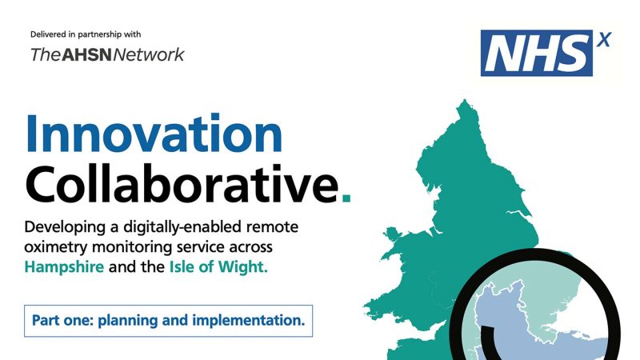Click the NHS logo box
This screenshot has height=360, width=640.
(536, 53)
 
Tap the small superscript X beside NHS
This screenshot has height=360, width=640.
(604, 40)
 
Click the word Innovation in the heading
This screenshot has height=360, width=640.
(154, 134)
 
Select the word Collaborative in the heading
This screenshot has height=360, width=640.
(182, 184)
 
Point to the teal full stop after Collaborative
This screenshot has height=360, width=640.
(346, 198)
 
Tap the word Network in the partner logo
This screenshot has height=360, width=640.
(149, 54)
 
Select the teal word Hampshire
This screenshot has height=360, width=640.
(64, 267)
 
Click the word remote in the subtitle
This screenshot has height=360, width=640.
(272, 227)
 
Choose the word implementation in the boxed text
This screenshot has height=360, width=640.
(249, 321)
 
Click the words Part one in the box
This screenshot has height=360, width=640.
(63, 321)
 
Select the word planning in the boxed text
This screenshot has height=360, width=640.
(128, 321)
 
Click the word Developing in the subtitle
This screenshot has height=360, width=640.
(66, 227)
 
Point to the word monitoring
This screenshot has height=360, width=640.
(132, 247)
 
